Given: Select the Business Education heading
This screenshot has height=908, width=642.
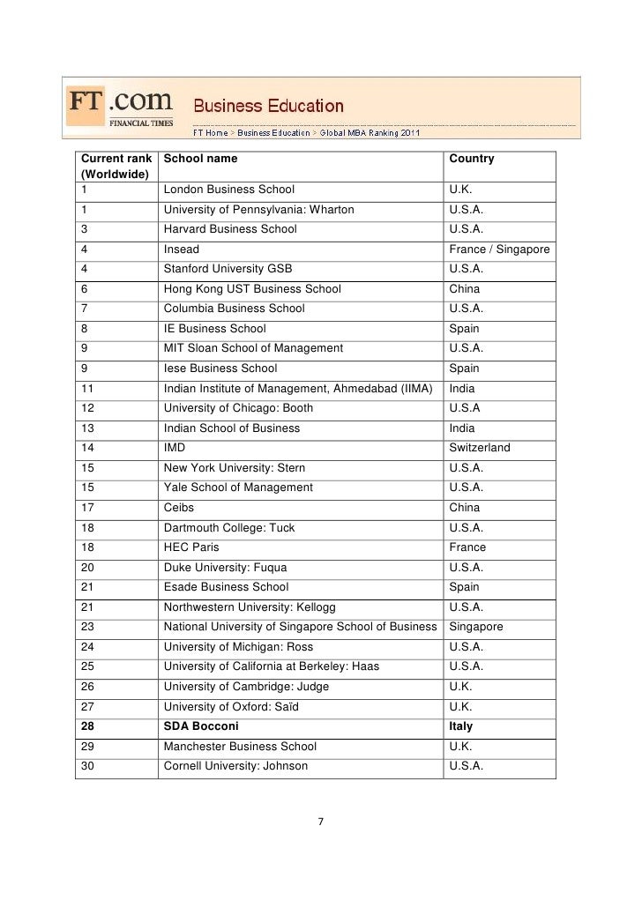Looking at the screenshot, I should (x=268, y=107).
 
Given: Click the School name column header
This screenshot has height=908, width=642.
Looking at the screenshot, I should (x=200, y=159).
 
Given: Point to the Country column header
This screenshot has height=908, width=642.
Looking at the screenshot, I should (x=472, y=159).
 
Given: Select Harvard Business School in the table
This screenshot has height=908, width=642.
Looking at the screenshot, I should (x=230, y=229).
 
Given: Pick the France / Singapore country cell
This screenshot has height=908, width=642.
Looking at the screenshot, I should (x=499, y=249).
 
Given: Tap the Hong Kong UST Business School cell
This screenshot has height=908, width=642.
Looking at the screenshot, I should (x=252, y=289).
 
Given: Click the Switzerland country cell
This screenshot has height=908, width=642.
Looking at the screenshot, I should (x=480, y=448).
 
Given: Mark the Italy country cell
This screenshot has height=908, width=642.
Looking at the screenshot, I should (x=461, y=726).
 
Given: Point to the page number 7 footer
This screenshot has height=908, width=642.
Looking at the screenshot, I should (x=321, y=822).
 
